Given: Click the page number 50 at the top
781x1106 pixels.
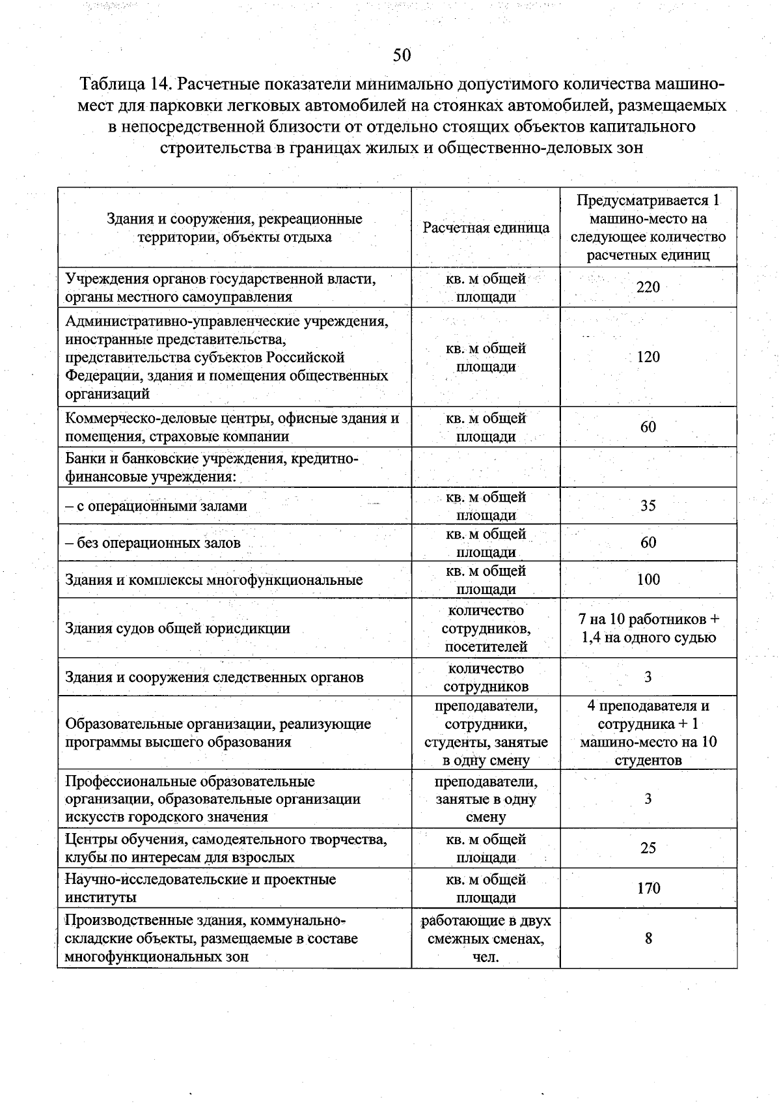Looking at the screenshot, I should [402, 55].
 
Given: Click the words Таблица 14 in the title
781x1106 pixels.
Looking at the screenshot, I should [124, 85].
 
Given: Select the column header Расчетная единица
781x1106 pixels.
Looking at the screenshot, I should [486, 227].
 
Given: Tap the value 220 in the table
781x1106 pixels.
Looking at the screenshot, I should [648, 287].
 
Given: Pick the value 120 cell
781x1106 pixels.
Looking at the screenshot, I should [648, 357].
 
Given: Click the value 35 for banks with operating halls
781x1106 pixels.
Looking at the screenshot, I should [648, 505].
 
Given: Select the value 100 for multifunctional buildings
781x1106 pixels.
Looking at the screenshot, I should [648, 580].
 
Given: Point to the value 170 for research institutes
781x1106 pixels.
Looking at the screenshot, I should [648, 888].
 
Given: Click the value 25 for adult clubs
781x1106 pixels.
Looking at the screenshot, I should [648, 848].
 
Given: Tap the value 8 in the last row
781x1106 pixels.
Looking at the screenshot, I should [648, 939].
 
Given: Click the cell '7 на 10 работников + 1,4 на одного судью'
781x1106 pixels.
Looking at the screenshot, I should [648, 628].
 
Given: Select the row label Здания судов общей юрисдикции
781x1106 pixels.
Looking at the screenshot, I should [178, 629].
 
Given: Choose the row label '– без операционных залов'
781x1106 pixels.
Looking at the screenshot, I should [153, 543].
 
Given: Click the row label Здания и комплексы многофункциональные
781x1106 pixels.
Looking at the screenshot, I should [214, 580].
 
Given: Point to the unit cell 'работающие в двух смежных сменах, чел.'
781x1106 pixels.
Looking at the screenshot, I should [486, 939].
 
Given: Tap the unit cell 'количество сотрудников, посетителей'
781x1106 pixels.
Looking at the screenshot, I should [486, 629].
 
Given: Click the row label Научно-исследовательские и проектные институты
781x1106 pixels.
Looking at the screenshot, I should [200, 888].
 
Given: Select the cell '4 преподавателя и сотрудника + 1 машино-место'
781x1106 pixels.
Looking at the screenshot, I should [648, 733].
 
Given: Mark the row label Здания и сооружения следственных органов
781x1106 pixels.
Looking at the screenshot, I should [214, 677].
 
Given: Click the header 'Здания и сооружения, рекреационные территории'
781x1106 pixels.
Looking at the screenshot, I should [234, 228].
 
